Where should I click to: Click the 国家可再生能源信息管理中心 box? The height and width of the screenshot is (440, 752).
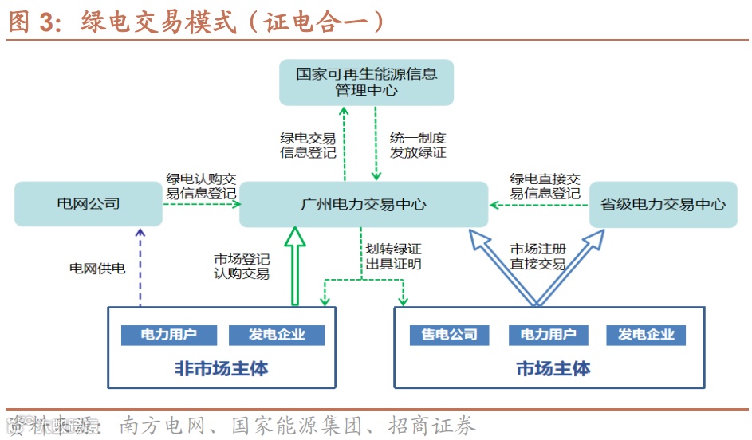366,82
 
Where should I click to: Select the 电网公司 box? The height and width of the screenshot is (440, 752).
88,204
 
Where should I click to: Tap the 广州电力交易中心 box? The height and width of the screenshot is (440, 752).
364,204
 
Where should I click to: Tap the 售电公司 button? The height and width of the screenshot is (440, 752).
449,335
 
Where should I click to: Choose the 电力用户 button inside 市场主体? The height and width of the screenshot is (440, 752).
548,335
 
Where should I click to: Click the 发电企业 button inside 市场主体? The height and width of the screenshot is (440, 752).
646,335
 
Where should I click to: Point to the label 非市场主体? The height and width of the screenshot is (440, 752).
221,369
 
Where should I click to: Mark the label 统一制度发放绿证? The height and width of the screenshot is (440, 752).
418,145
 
